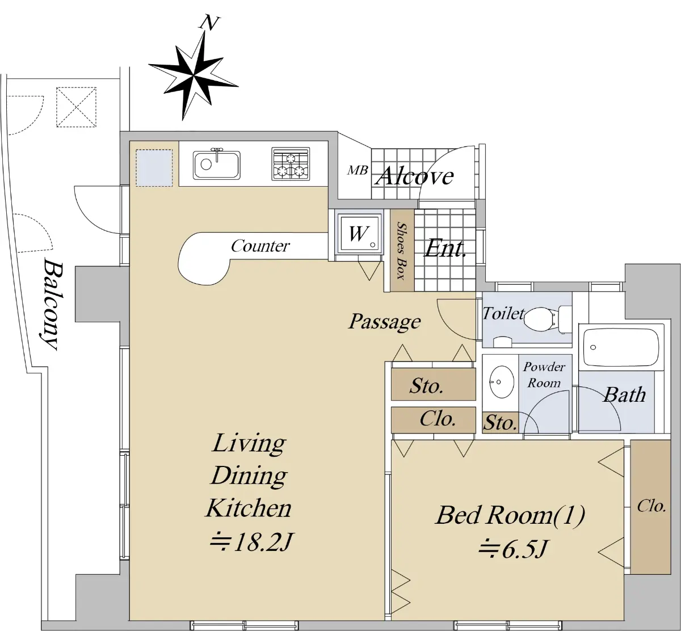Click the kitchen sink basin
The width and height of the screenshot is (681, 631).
(x=216, y=165)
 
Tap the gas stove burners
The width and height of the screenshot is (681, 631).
(x=291, y=164)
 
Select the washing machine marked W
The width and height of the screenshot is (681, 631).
(x=359, y=234)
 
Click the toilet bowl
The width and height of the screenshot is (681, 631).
(x=539, y=319)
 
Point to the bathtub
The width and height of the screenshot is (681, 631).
(x=621, y=347)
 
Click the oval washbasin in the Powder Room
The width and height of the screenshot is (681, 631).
(x=502, y=382)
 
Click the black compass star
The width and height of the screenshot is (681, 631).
(x=193, y=75)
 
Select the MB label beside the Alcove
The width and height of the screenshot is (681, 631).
(x=358, y=170)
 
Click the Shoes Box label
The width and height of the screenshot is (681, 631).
(x=401, y=251)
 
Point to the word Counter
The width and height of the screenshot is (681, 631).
(x=260, y=246)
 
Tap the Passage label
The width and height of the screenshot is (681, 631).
(x=384, y=322)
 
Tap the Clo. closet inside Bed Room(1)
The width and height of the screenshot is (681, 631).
(x=651, y=507)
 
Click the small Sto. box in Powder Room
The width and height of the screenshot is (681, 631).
(x=500, y=423)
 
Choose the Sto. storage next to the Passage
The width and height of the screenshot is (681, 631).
(x=434, y=384)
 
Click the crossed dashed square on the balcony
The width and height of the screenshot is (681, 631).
(x=76, y=107)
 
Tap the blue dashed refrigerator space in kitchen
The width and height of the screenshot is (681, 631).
(x=154, y=168)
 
